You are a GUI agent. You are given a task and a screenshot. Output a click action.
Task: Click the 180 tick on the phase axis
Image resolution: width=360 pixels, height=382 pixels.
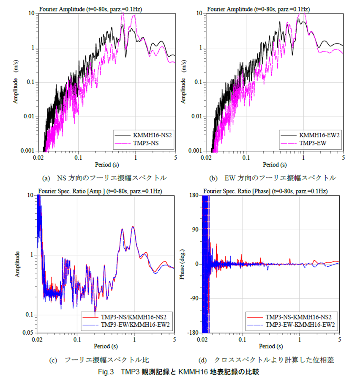196,195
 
